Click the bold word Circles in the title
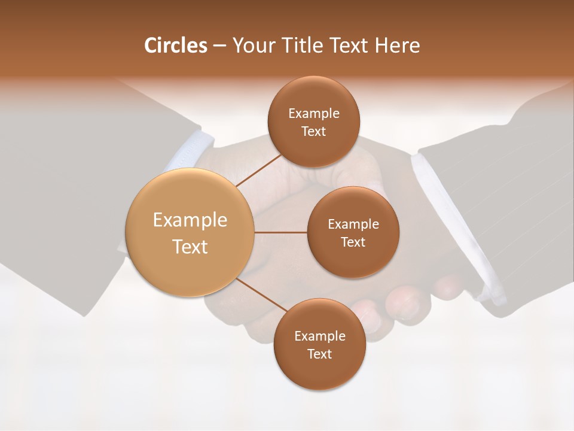tap(176, 45)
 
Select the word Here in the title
tap(397, 45)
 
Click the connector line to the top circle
tap(258, 169)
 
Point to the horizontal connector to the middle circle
tap(281, 232)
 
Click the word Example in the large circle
tap(190, 220)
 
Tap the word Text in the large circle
tap(190, 247)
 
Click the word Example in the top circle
tap(313, 114)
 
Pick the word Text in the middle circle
tap(353, 242)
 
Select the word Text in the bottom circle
tap(319, 354)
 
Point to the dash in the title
tap(219, 46)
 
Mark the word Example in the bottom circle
tap(319, 336)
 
